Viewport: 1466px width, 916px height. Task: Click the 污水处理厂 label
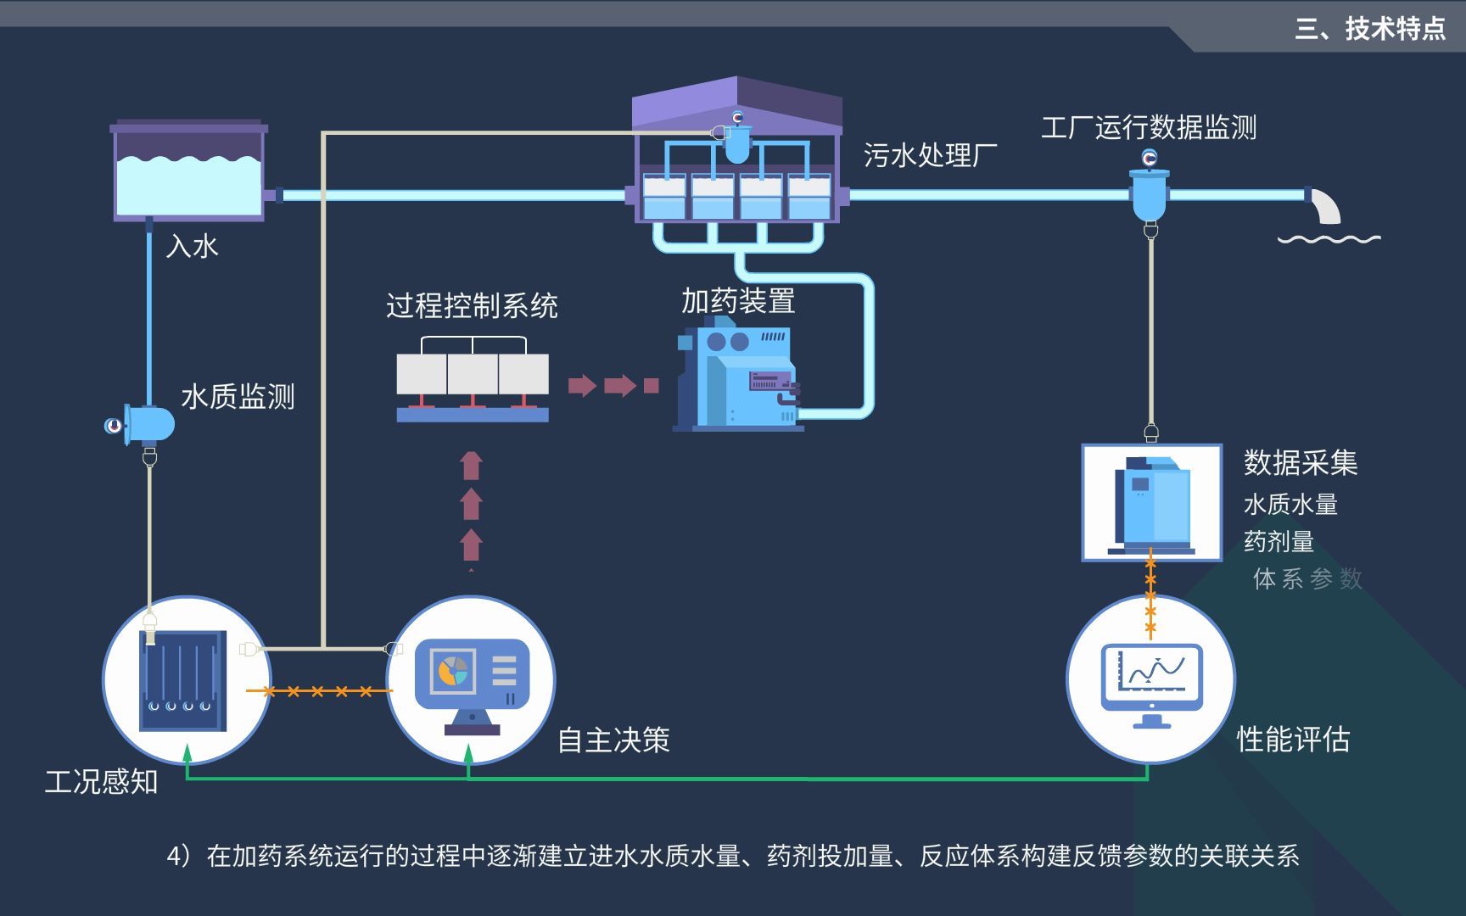(930, 155)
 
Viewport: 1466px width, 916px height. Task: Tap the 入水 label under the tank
(193, 246)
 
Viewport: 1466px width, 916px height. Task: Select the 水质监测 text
(238, 396)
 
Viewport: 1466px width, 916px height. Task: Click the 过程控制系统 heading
(472, 305)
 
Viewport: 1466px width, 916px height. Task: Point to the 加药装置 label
(738, 300)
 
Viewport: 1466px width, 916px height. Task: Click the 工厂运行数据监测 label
(1149, 127)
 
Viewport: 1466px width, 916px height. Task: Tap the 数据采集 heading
(1300, 462)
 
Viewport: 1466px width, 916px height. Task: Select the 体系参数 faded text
(1307, 578)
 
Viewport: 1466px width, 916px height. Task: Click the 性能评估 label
(1293, 739)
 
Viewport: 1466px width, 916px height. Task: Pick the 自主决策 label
(613, 740)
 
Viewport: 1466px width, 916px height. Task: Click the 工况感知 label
(101, 780)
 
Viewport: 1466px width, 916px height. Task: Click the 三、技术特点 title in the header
(1369, 29)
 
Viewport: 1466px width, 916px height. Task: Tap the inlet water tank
(188, 174)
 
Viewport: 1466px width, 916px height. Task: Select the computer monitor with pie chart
(472, 679)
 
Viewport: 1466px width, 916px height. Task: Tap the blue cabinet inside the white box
(1151, 502)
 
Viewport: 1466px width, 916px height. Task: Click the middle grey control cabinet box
(473, 374)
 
